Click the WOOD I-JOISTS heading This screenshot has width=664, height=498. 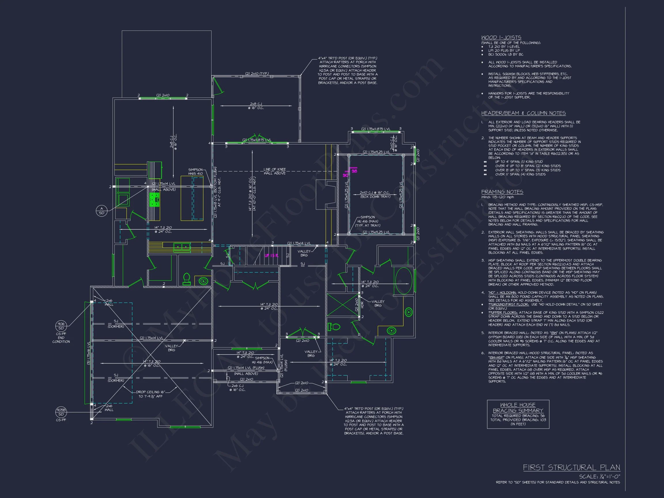click(501, 37)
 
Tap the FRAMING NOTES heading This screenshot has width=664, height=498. click(502, 192)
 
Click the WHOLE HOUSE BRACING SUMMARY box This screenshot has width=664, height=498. click(518, 414)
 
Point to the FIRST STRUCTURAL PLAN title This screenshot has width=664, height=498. click(571, 467)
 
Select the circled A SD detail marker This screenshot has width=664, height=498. click(101, 211)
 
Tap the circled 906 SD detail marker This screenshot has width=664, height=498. click(61, 326)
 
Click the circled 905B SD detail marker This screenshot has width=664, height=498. click(61, 412)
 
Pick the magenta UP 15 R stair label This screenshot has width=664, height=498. click(271, 256)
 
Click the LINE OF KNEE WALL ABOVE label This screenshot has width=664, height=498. click(274, 171)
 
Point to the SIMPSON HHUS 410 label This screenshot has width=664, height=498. click(195, 172)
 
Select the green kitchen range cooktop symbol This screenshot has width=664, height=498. click(154, 200)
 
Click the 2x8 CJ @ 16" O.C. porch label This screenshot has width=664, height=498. click(256, 106)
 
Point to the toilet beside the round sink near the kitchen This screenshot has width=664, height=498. click(187, 279)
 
